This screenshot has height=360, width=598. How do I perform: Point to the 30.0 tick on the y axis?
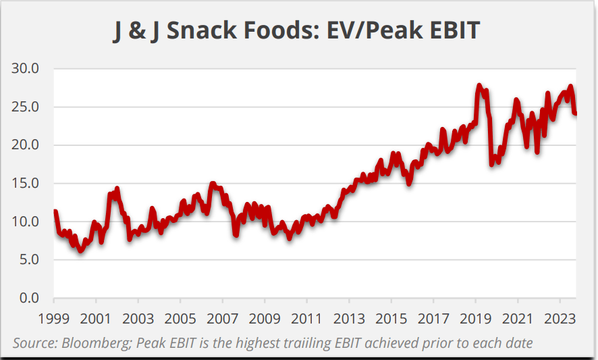(x=26, y=68)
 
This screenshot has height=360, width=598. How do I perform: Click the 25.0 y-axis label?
(x=26, y=107)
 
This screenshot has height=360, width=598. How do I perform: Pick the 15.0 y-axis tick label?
(x=26, y=183)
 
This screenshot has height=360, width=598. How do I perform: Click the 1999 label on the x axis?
(x=54, y=318)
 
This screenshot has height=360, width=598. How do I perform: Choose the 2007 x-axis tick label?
(x=223, y=318)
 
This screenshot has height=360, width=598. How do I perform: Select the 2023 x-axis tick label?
(x=560, y=318)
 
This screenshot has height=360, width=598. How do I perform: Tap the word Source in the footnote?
(x=33, y=343)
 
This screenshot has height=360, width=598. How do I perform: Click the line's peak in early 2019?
(x=479, y=86)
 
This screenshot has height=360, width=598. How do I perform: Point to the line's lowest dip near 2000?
(x=81, y=251)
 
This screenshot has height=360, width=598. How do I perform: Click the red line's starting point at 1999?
(x=55, y=211)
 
